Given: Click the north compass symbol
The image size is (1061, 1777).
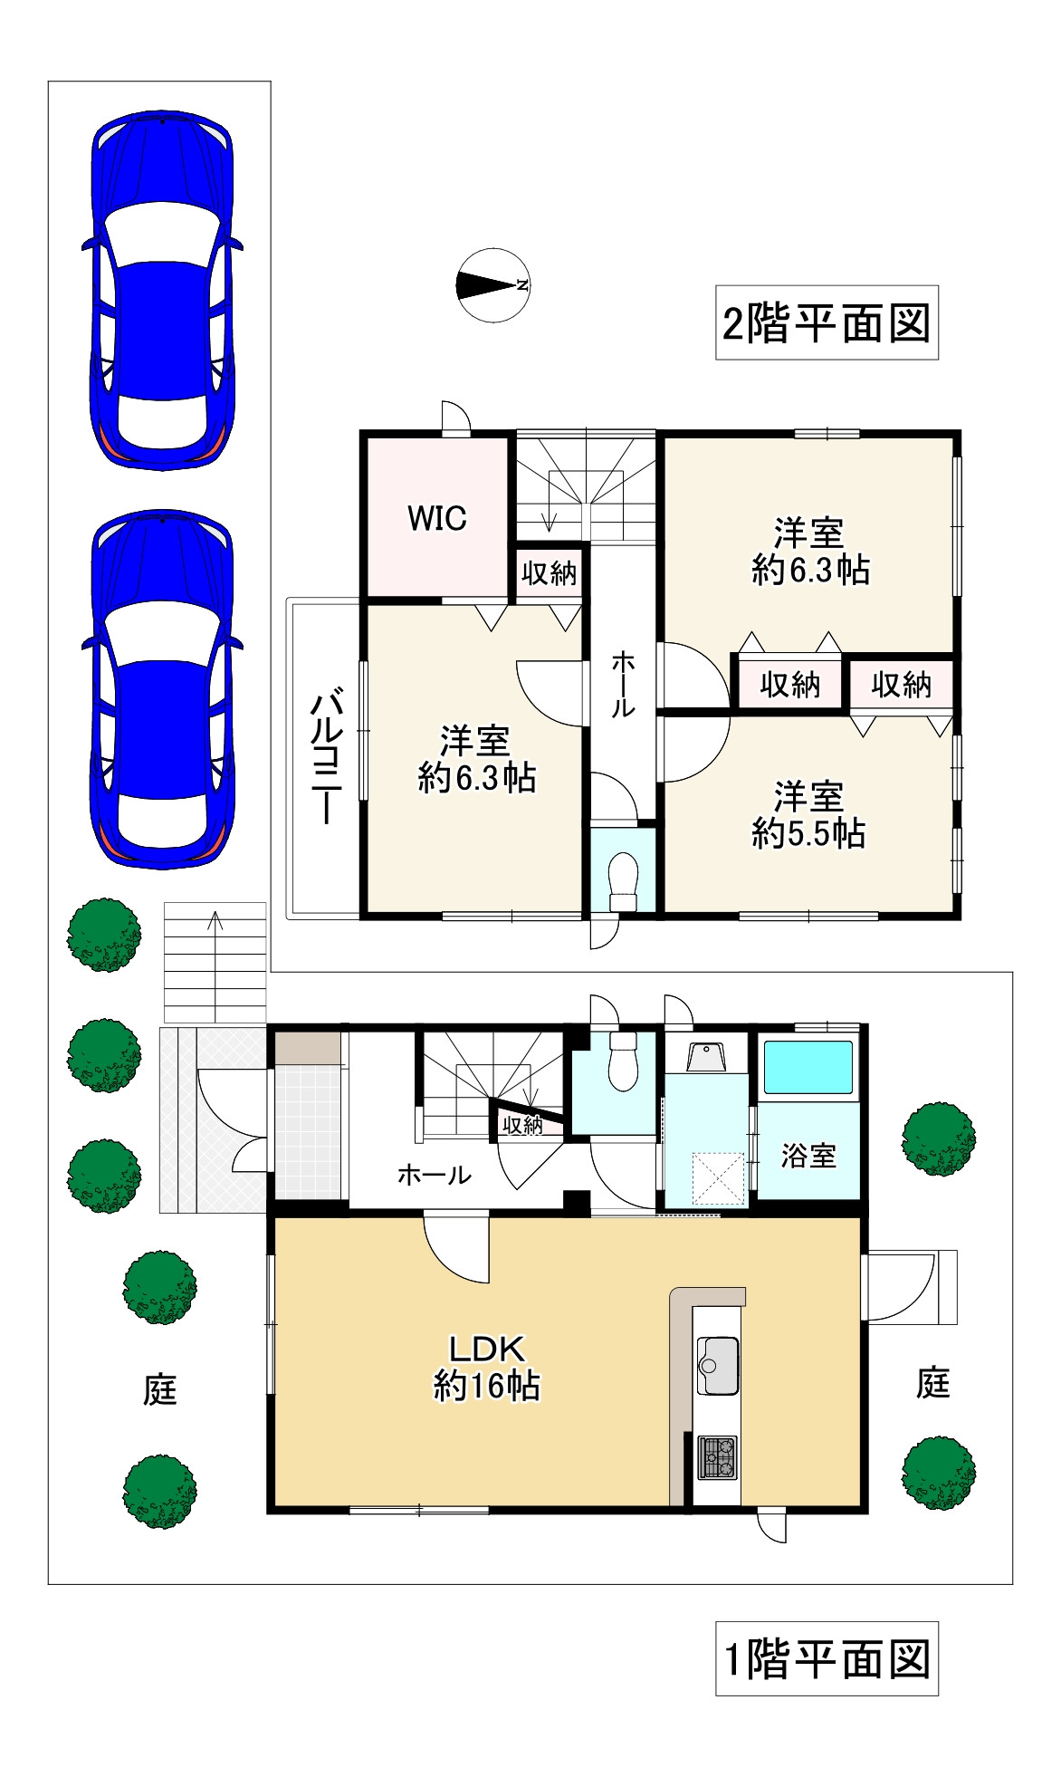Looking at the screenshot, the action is click(x=492, y=285).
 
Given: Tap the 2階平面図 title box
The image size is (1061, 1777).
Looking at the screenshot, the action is click(x=827, y=322).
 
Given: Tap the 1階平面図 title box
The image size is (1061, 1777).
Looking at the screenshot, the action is click(x=827, y=1658).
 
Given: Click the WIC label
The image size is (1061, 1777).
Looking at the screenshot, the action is click(x=437, y=518).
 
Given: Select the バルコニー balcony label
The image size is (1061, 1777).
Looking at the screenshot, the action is click(x=327, y=758).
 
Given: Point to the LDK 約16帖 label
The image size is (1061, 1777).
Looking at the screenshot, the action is click(x=487, y=1369).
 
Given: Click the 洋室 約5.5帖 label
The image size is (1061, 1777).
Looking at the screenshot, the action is click(x=808, y=815).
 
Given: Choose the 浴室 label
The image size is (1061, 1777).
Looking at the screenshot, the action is click(x=808, y=1156).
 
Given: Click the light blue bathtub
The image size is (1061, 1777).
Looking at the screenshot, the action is click(x=808, y=1068).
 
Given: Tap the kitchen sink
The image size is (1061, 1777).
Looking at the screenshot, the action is click(x=718, y=1366).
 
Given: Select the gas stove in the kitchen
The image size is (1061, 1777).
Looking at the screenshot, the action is click(x=718, y=1457).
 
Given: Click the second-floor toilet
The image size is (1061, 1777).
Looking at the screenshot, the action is click(x=624, y=880).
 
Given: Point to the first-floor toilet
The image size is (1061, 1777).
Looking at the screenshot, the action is click(x=624, y=1061).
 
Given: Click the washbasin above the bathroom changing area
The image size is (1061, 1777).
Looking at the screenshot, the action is click(x=706, y=1057).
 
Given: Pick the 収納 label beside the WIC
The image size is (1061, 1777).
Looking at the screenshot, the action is click(x=550, y=572).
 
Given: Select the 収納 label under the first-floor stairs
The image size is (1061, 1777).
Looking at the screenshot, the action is click(x=522, y=1126).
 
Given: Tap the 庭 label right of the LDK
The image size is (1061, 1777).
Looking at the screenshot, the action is click(x=933, y=1383).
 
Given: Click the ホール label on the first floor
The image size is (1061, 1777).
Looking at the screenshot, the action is click(x=435, y=1175).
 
